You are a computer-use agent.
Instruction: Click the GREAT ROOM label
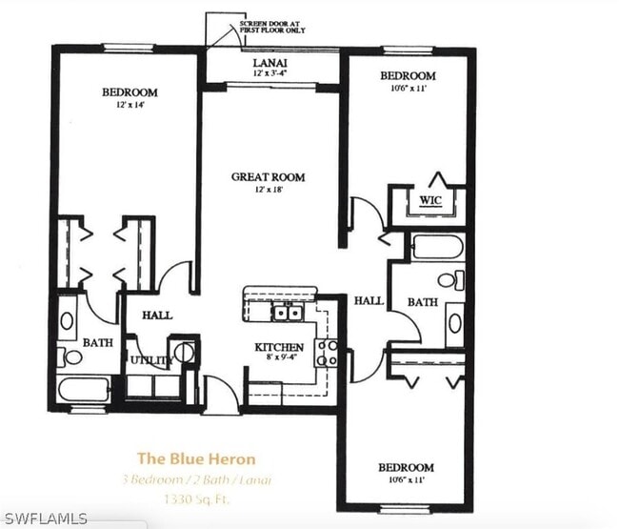pos(270,176)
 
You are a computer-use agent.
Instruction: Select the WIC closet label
pos(429,201)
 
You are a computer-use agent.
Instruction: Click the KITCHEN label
pos(278,347)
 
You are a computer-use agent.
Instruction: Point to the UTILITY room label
pos(150,360)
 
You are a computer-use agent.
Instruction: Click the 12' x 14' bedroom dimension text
pos(130,105)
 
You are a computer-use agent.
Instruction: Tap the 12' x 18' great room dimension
pos(270,190)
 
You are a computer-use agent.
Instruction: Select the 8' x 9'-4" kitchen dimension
pos(278,359)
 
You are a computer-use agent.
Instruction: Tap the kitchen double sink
pos(287,312)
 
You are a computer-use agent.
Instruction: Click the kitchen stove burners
pos(327,353)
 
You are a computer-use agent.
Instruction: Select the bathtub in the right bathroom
pos(437,247)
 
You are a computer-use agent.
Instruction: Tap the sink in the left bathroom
pos(68,320)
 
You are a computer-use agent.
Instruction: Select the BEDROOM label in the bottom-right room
pos(406,467)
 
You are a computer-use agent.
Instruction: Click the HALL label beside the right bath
pos(369,300)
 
